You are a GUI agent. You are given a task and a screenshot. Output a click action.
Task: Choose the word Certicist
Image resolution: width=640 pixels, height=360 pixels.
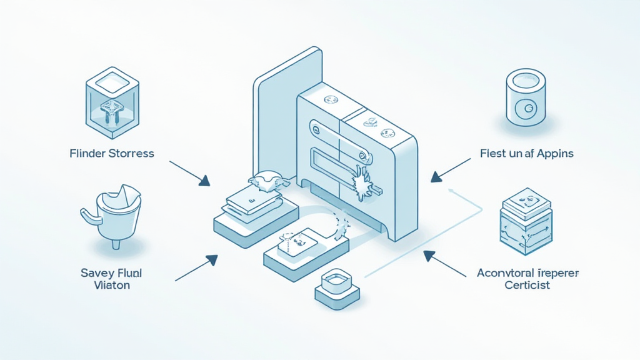(527, 285)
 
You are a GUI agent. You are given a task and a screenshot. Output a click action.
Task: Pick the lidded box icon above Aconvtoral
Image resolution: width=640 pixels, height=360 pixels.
(526, 224)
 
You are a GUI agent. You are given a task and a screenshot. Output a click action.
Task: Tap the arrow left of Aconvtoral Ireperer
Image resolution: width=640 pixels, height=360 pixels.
(444, 263)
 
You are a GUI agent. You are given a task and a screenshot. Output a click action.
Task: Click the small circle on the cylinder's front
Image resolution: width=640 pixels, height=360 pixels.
(527, 109)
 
